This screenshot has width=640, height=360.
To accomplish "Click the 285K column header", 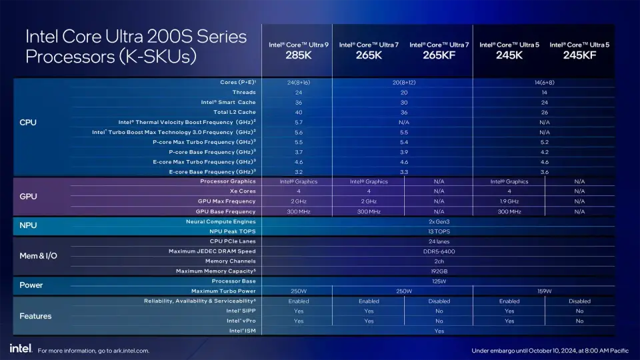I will coord(298,55).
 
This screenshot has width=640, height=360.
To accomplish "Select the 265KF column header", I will coord(439,55).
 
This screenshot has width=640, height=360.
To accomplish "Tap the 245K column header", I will coord(509,55).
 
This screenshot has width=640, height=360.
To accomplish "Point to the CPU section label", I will coord(28,122).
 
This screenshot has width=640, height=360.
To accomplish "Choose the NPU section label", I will coord(29,225).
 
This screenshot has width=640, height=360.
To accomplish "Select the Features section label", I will coord(35,316).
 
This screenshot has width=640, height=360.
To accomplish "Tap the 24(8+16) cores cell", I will coord(298,82).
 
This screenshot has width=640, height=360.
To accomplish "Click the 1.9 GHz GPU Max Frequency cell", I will coord(509,201).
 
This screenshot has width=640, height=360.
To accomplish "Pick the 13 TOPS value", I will coord(439,231).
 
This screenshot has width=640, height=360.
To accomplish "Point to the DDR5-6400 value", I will coord(439,251).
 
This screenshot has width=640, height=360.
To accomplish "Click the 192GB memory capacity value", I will coord(439,271).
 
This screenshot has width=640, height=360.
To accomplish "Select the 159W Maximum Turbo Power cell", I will coord(544,291).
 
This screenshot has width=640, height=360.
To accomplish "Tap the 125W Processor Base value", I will coord(439,281).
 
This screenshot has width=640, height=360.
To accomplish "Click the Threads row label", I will coord(243,92).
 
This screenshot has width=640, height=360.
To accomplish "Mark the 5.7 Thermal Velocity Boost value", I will coord(298,122).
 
